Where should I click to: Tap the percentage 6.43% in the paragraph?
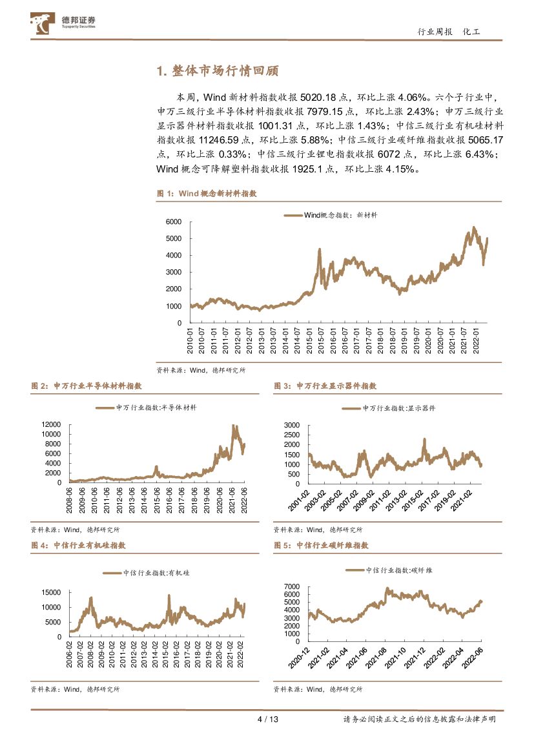coord(479,154)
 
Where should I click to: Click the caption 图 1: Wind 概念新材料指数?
coord(207,193)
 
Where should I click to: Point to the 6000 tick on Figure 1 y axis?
coord(174,222)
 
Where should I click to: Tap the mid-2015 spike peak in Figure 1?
coord(319,249)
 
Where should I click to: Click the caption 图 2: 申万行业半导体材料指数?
coord(86,386)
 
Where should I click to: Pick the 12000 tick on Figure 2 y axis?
coord(50,424)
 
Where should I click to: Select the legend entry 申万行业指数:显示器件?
coord(389,408)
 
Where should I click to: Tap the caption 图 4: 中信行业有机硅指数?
coord(78,545)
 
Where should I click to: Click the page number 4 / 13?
coord(267,719)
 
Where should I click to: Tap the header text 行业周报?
coord(435,32)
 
